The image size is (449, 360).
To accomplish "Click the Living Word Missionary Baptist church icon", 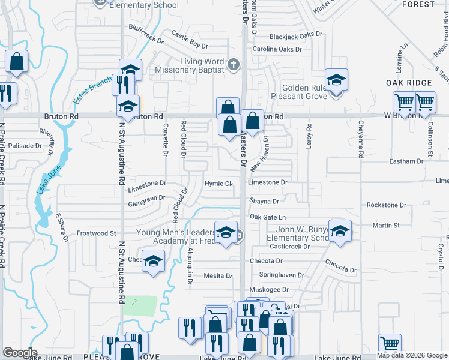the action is click(234, 63).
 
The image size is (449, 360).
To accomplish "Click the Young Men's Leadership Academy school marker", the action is click(225, 234).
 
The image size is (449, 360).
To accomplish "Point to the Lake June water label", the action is click(41, 181).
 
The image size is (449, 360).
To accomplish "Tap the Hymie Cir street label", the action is click(218, 184).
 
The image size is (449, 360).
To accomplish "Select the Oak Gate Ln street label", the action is click(267, 217).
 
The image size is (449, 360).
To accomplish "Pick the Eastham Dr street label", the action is click(406, 161).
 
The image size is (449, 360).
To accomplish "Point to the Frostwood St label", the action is click(96, 233).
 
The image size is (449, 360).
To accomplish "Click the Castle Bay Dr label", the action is click(190, 40).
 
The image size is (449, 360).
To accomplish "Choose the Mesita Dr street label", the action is click(218, 276).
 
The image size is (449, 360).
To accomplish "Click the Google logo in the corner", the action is click(20, 353).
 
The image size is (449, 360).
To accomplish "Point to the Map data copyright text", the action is click(412, 355).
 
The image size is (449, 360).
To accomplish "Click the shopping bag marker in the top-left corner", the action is click(17, 62).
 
